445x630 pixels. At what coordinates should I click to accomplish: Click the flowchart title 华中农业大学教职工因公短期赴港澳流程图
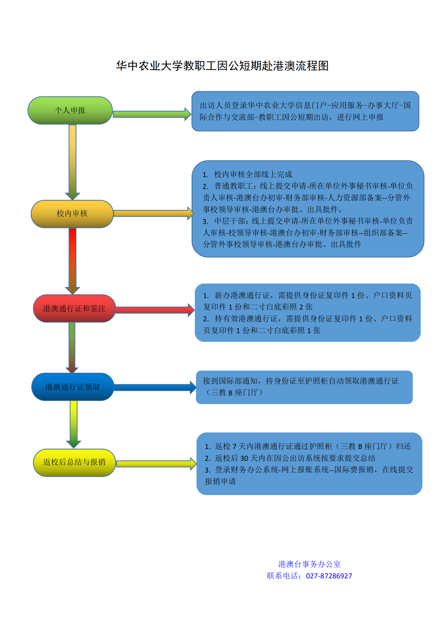pos(222,66)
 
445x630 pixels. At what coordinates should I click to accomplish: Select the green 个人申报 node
pos(70,110)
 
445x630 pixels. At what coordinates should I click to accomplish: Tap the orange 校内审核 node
pos(72,214)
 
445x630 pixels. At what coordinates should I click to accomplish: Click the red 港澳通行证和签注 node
pos(74,308)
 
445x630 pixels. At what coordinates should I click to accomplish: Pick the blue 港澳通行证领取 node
pos(73,387)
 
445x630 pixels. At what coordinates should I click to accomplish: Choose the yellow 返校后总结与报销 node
pos(74,462)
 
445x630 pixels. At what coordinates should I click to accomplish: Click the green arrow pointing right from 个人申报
pos(151,114)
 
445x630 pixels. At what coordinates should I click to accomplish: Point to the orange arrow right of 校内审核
pos(153,213)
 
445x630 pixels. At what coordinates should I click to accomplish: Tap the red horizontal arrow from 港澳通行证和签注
pos(154,310)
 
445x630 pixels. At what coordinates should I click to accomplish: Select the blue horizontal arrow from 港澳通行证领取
pos(154,388)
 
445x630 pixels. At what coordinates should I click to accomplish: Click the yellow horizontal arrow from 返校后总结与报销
pos(156,464)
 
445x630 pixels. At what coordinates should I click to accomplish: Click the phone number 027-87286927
pos(329,576)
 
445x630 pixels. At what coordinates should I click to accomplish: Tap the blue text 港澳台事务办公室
pos(309,564)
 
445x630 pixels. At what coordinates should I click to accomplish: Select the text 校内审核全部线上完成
pos(253,175)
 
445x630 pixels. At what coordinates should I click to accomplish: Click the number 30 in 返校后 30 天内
pos(244,458)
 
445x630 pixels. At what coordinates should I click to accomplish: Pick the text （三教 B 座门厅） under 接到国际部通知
pos(234,393)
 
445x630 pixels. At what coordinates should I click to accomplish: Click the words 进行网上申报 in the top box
pos(360,117)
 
